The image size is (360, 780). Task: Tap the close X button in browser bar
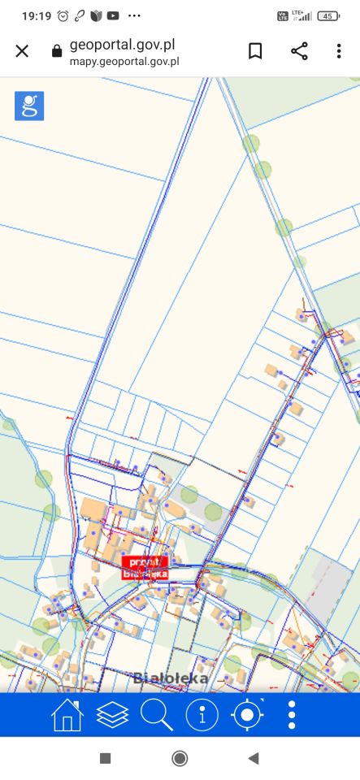(22, 51)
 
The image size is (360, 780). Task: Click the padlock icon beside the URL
(56, 51)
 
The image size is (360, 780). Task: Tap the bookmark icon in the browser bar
(255, 51)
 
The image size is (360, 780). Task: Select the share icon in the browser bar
(299, 51)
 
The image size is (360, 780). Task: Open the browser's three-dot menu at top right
(339, 51)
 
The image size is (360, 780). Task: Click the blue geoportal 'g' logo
(29, 106)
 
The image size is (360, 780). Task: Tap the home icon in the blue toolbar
(67, 715)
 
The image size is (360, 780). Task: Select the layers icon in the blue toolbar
(112, 715)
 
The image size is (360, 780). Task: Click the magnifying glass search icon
(157, 715)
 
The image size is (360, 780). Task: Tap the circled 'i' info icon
(202, 715)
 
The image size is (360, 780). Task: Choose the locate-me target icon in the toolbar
(248, 715)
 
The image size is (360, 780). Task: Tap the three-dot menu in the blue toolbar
(292, 715)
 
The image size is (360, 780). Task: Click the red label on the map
(145, 567)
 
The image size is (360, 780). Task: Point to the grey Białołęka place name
(171, 678)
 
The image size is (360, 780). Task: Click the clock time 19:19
(36, 15)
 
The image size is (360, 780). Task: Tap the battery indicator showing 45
(328, 15)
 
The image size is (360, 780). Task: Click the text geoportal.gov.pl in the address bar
(122, 45)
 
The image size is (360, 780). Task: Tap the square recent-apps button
(105, 758)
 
